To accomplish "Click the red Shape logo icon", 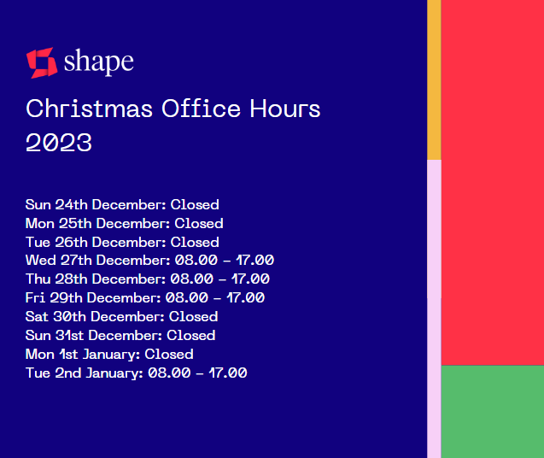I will (x=41, y=62).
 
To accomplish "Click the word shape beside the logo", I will (x=98, y=62).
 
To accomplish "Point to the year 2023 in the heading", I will (x=59, y=143).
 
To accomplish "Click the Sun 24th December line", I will (x=122, y=205).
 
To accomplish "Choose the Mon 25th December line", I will (x=124, y=224).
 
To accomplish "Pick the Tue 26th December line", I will (x=122, y=243).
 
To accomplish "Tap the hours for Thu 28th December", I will (x=219, y=279).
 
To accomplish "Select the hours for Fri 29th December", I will (x=214, y=298).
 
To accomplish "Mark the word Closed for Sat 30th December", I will (x=193, y=317).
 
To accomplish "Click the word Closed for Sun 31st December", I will (x=190, y=336).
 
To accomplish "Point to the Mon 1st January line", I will (x=109, y=355).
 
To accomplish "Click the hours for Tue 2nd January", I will (x=197, y=373).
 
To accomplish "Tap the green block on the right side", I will (x=492, y=411).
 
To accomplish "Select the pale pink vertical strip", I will (x=434, y=308).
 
